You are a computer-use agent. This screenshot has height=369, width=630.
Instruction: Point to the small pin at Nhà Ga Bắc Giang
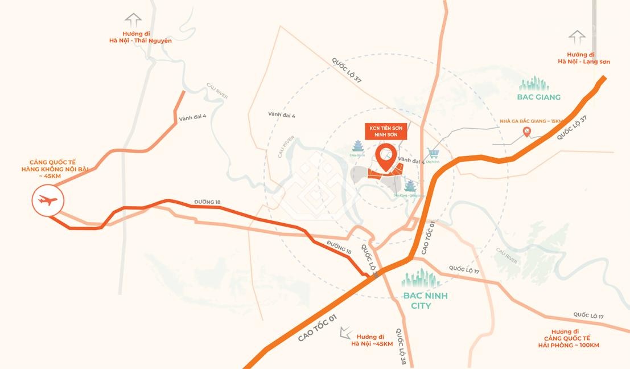527,132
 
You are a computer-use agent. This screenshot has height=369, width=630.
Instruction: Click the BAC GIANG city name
539,97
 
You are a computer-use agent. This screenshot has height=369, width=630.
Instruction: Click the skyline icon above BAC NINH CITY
421,278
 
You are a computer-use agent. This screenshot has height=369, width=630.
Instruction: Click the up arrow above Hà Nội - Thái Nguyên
133,20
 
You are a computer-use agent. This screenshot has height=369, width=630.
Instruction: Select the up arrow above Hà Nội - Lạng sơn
577,38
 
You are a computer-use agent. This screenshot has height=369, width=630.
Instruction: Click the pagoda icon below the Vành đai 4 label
410,185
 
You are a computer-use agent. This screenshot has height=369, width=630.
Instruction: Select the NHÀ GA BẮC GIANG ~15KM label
530,121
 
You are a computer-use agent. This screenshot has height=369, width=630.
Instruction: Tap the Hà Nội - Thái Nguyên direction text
141,37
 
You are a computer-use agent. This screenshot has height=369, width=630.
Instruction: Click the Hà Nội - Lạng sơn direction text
583,58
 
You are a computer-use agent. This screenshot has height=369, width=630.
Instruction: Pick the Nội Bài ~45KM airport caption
52,169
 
